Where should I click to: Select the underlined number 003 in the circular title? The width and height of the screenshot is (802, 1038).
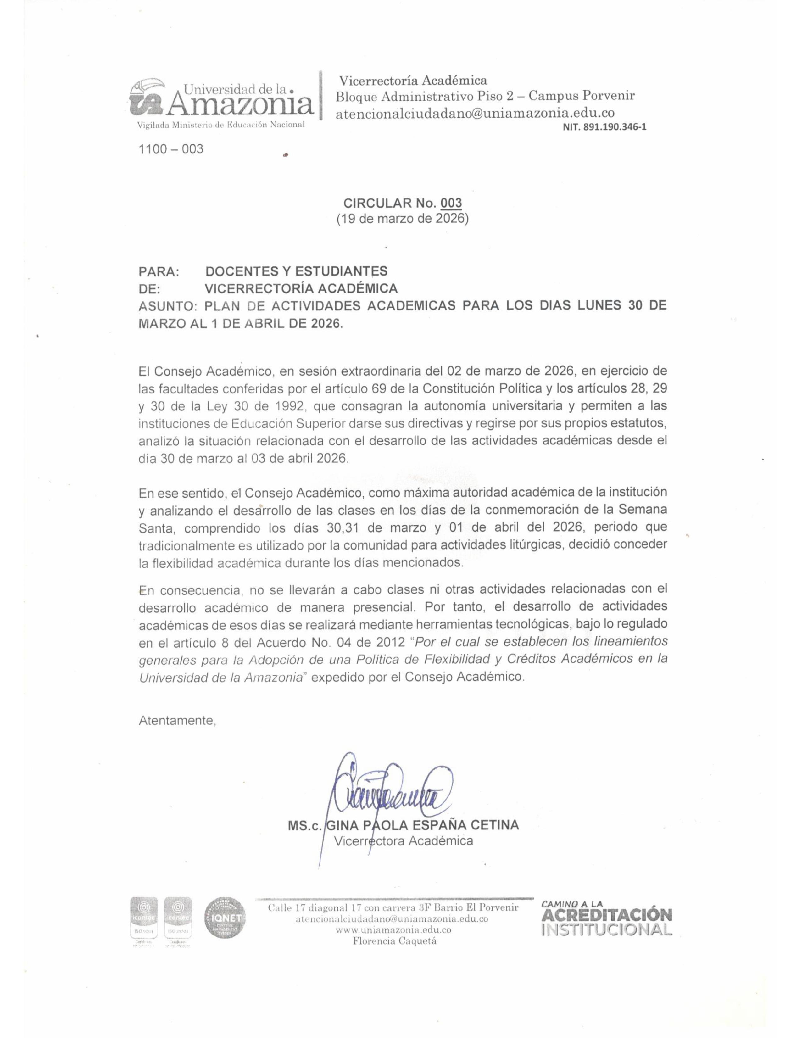[451, 204]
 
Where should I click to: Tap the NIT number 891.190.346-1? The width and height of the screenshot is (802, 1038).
[604, 127]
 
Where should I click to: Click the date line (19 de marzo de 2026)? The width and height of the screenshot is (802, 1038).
[403, 219]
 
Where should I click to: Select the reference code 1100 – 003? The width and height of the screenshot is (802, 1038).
[170, 149]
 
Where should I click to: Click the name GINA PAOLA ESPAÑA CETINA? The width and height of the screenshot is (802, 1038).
[422, 825]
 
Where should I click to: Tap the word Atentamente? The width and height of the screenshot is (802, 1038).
[177, 721]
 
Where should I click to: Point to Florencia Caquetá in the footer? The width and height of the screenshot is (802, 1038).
[394, 941]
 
